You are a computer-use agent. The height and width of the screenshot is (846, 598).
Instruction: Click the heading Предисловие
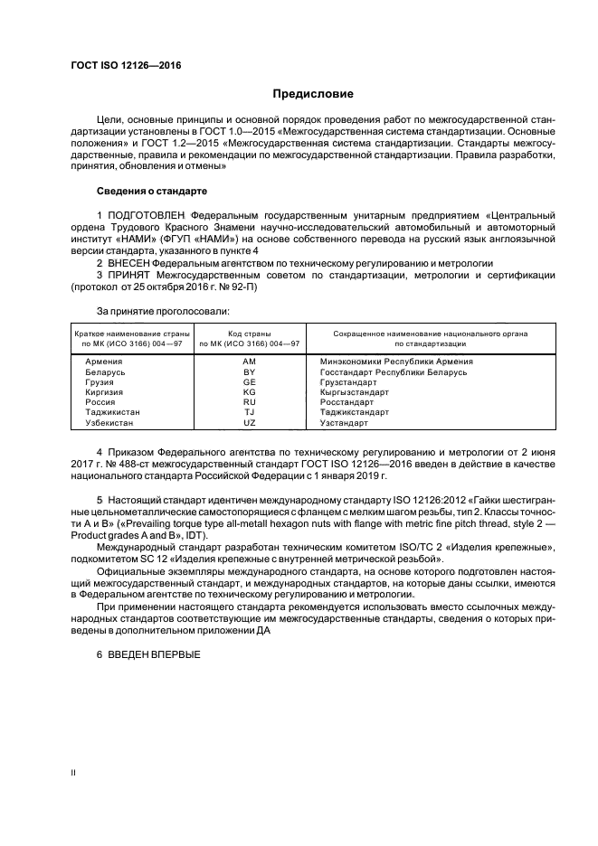coord(313,93)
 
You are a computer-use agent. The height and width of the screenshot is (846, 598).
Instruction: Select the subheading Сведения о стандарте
coord(152,192)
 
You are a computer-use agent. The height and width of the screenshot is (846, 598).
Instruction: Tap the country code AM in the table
coord(251,362)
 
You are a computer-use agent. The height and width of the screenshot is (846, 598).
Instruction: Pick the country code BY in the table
coord(251,371)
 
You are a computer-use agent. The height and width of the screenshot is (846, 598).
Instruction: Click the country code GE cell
coord(251,382)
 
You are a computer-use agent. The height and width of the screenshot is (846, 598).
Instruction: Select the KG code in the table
coord(251,392)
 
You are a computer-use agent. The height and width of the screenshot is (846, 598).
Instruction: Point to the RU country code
coord(251,402)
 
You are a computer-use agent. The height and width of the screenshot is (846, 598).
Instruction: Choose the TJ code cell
coord(251,412)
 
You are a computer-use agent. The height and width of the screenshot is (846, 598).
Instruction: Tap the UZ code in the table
coord(251,422)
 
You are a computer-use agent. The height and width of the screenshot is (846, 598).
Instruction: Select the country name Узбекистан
coord(110,422)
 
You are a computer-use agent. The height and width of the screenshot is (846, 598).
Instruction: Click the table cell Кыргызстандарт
coord(355,392)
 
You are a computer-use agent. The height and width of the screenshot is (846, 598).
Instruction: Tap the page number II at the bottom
coord(74,773)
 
